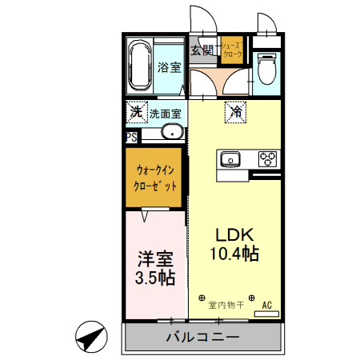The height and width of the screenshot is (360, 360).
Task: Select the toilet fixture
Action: coord(266,69)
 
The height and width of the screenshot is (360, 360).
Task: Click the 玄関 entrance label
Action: coord(202,51)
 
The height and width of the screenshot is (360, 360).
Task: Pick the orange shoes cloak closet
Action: coord(231,51)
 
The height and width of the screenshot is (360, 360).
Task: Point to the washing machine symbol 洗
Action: coord(137,112)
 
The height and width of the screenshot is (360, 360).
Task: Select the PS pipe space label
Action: coord(131,137)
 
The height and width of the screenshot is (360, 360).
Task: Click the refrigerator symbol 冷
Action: coord(237,114)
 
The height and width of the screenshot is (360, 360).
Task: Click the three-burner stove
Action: coord(266,158)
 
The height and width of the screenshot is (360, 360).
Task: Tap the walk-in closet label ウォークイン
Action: coord(155,170)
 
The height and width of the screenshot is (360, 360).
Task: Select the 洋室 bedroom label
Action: coord(155,259)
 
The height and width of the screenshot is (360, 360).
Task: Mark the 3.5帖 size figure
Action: coord(155,278)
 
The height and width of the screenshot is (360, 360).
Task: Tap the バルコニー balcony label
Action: coord(202,337)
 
